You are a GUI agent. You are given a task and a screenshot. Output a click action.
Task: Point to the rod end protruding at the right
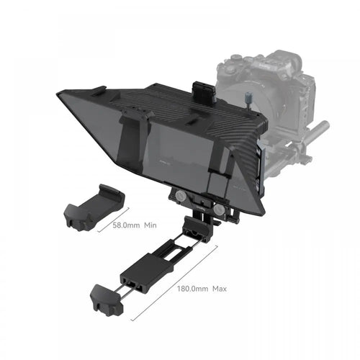(x=322, y=130)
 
